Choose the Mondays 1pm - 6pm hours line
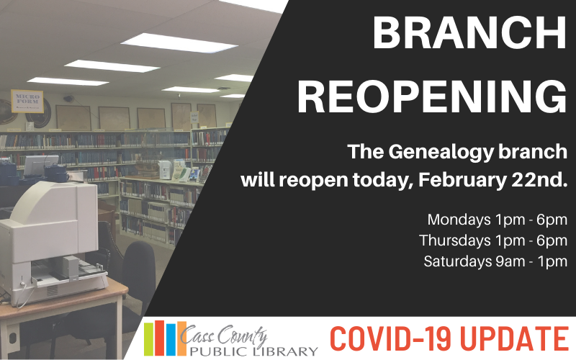tap(497, 219)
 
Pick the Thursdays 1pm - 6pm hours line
tap(493, 240)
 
